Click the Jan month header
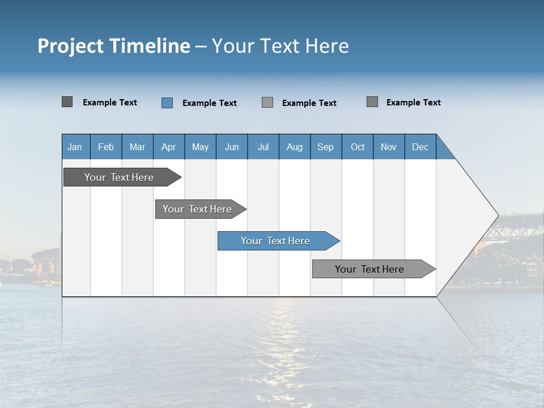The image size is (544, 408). (x=75, y=147)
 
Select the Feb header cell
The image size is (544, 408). (x=106, y=147)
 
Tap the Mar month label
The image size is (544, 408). (x=137, y=147)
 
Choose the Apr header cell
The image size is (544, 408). (x=169, y=147)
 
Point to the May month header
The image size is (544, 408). (x=200, y=147)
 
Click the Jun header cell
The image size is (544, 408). (x=232, y=147)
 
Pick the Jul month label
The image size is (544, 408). (x=263, y=147)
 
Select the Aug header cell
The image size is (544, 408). (x=295, y=147)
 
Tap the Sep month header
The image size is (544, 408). (x=326, y=147)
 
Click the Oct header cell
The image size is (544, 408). (x=358, y=147)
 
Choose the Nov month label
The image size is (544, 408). (x=389, y=147)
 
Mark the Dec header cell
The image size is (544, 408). (x=420, y=147)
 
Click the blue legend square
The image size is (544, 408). (x=167, y=103)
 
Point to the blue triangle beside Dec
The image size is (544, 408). (x=443, y=151)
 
